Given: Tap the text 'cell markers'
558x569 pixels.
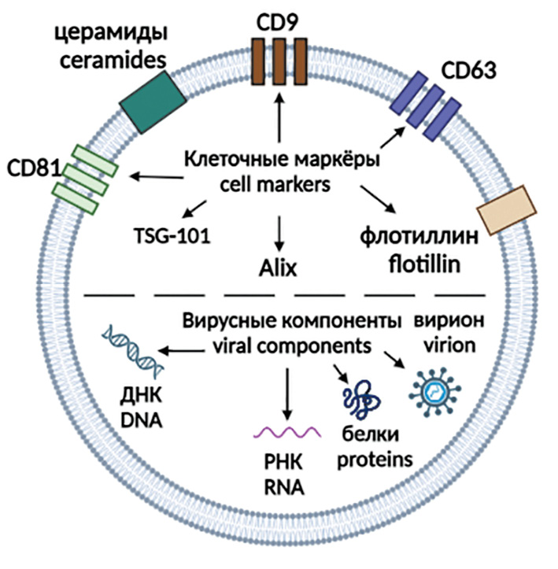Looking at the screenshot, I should click(278, 184).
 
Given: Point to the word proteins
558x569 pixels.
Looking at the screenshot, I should click(371, 458).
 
